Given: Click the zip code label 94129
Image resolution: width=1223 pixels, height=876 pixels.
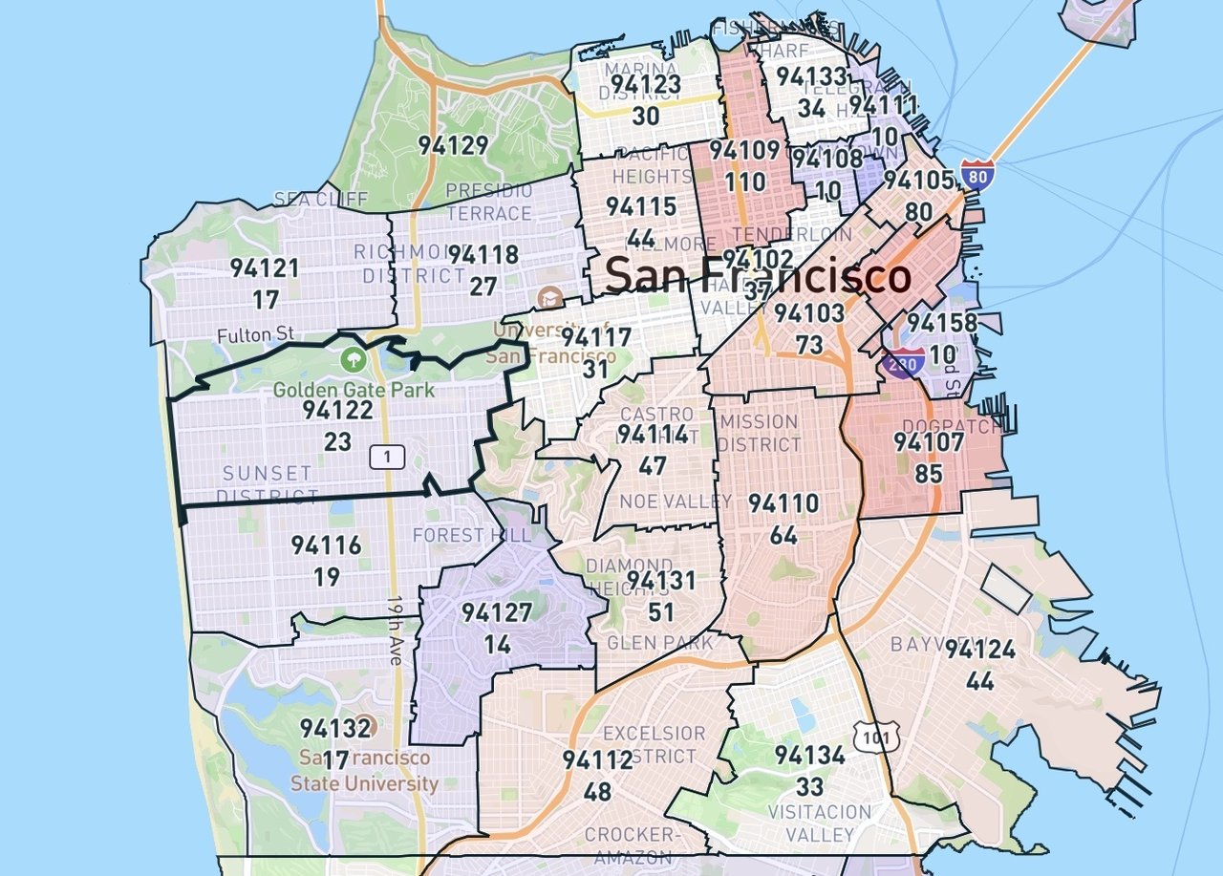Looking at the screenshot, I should pos(454,146).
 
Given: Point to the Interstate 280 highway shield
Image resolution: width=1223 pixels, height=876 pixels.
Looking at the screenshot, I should pos(906,361).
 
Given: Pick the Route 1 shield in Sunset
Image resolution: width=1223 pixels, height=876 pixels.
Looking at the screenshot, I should pos(387,458).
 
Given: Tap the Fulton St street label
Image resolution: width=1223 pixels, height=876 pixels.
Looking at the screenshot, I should pos(255,336).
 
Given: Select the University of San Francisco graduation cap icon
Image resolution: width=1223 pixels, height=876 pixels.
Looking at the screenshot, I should pos(550,298).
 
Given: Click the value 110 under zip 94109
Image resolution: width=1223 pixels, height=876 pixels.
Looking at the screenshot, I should pos(745,182).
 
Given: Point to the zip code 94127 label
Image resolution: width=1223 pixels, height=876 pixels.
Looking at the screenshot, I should pos(496,613).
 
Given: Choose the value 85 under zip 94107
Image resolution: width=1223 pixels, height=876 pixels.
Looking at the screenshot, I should pos(928,473).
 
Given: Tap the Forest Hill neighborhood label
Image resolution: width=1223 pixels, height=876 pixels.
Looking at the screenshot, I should pos(471,535).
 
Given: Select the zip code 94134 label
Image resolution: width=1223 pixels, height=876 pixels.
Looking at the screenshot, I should pos(809,756).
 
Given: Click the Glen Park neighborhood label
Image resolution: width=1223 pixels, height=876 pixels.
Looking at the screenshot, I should pos(659,642).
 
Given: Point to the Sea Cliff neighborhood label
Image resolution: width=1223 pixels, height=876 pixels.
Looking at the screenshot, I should pos(307,200).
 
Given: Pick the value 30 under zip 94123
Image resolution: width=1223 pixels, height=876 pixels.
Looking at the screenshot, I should pos(646,116).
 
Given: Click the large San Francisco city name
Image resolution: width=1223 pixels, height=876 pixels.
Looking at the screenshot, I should pos(758,276).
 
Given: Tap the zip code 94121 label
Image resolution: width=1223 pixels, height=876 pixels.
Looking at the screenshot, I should pos(265,268).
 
